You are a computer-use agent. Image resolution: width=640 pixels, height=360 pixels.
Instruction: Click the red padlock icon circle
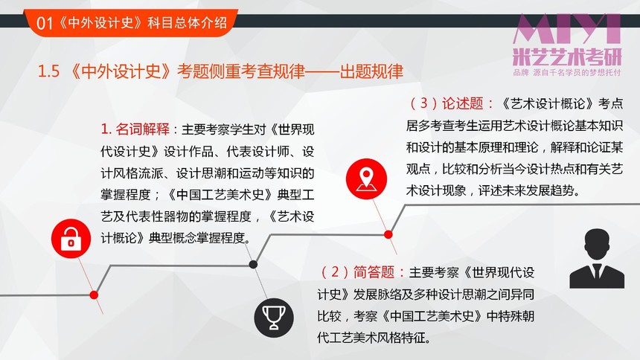tap(71, 239)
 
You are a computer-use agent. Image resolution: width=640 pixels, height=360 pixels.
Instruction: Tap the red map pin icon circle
tap(366, 179)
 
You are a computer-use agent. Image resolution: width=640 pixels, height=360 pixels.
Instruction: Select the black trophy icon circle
tap(273, 318)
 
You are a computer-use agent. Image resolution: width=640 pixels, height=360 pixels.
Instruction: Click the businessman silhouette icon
tap(597, 258)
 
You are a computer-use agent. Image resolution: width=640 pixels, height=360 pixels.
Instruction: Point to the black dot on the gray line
tap(253, 265)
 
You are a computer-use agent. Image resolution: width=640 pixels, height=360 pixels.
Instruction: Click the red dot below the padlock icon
tap(94, 295)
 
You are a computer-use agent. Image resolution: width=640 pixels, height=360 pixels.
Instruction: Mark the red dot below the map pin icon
tap(388, 235)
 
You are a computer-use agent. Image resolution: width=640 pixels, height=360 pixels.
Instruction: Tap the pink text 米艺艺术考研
tap(567, 57)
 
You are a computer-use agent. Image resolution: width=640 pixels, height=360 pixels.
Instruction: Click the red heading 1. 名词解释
tap(135, 129)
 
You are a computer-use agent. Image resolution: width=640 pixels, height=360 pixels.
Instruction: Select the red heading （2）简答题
tap(358, 272)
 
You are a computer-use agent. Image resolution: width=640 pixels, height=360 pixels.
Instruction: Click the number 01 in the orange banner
tap(45, 23)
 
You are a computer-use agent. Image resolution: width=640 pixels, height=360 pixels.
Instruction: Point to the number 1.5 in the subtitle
tap(48, 71)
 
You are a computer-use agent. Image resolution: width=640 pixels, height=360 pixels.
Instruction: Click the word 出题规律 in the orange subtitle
tap(371, 71)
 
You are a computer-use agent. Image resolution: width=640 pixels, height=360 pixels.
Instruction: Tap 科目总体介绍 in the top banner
tap(187, 22)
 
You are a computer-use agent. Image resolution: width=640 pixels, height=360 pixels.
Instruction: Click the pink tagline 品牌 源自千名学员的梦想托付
tap(567, 73)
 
